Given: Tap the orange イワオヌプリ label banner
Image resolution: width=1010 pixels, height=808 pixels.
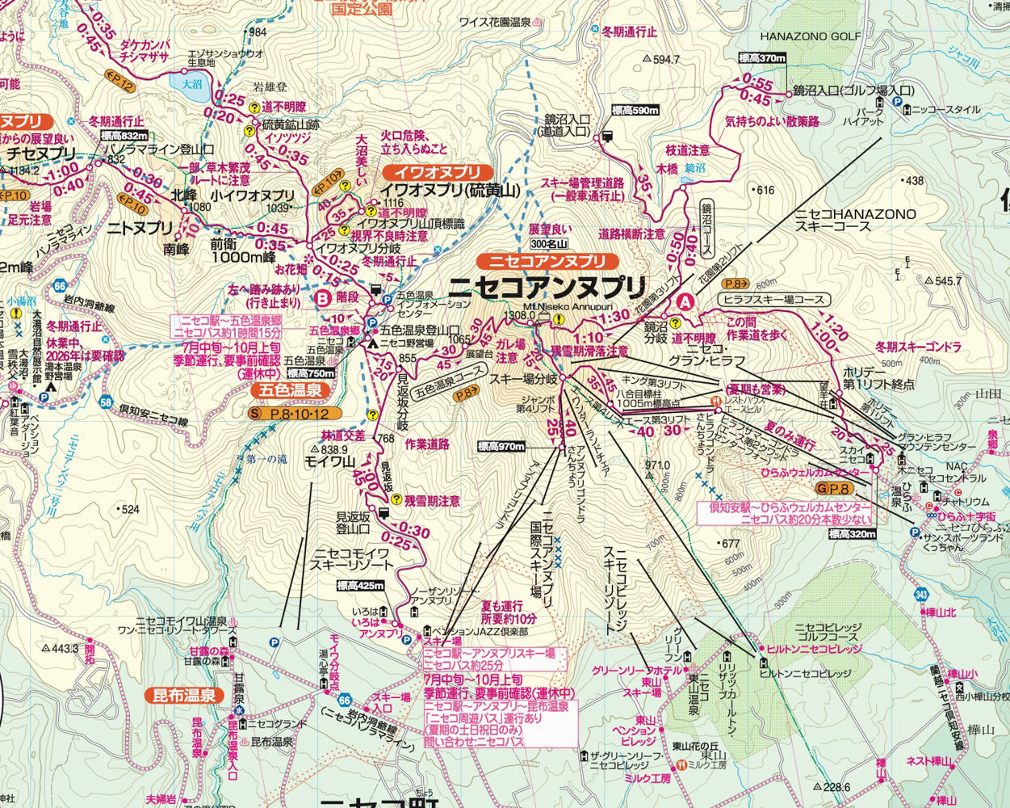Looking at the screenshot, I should point(437,172).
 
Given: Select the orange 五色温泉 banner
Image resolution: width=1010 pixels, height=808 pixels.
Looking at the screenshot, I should point(291,390).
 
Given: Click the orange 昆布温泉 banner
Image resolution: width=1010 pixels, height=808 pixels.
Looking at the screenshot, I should point(184,695).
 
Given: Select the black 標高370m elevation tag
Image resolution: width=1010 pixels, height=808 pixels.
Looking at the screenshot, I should point(761,58).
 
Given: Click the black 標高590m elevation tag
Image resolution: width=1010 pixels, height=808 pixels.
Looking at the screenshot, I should point(635,111).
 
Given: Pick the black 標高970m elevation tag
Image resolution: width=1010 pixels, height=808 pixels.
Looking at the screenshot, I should point(501,446).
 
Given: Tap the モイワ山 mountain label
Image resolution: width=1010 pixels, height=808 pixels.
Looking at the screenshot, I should point(329,462).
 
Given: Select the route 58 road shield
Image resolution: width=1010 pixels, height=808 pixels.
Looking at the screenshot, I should point(107,402).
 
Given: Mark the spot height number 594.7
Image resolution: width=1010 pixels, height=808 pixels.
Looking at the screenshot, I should point(666,59).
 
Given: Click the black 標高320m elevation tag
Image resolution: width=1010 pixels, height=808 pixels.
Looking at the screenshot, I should point(851,534).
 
